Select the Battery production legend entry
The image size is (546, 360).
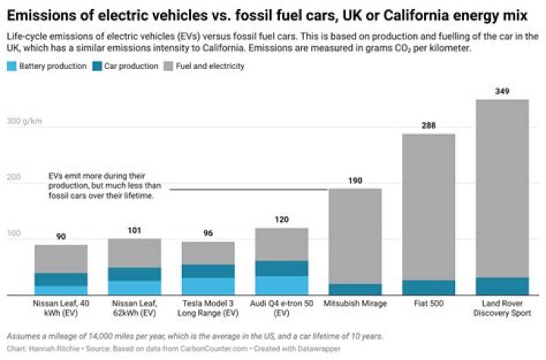45,67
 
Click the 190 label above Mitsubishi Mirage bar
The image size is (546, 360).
354,180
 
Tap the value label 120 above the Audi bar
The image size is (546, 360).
281,220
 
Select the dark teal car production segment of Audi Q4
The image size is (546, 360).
281,268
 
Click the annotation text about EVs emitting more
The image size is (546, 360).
102,184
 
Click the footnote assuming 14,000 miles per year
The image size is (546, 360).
194,336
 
